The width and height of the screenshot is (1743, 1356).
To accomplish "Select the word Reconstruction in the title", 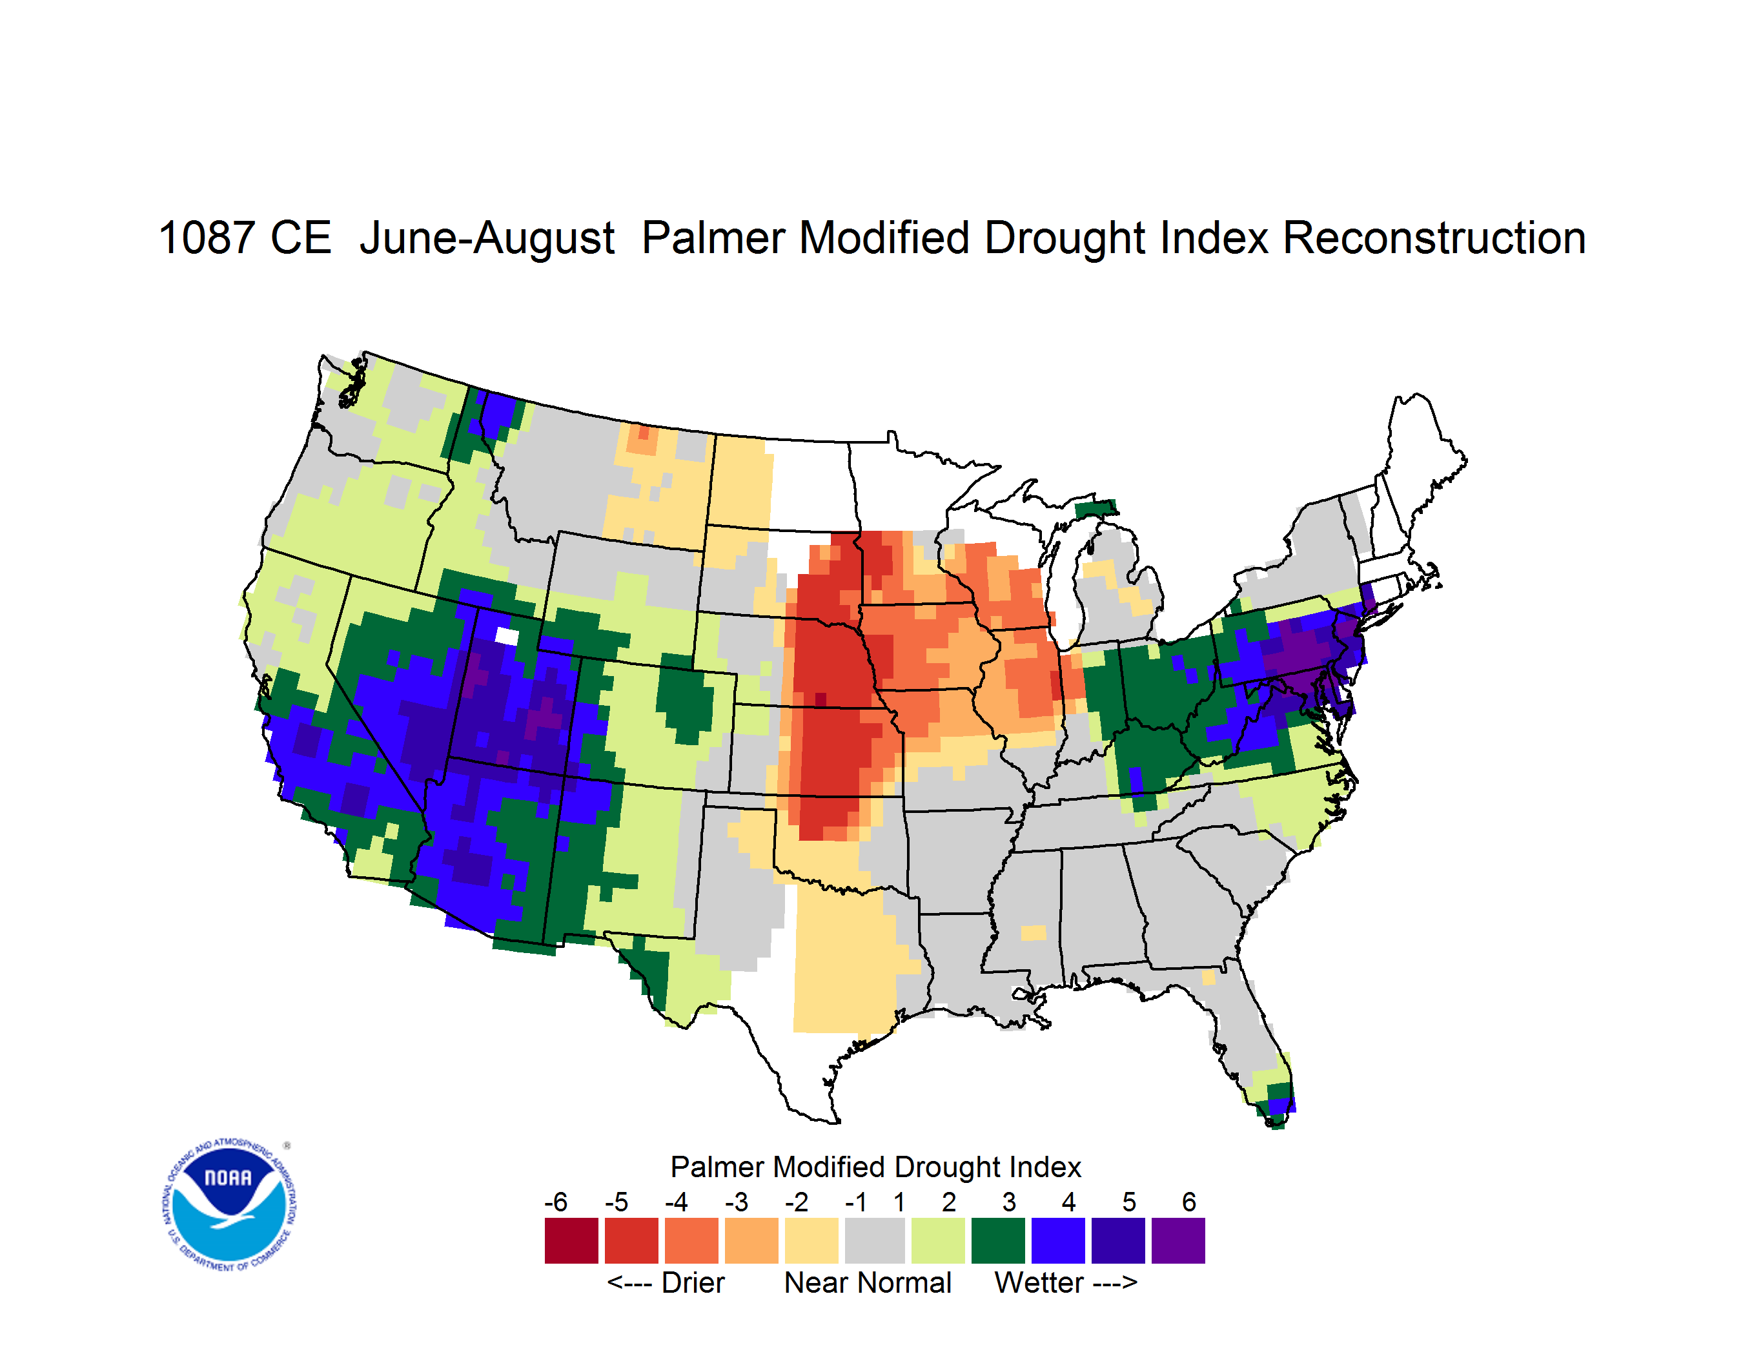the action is tap(1434, 238).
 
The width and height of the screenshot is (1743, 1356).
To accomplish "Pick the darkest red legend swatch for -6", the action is tap(571, 1240).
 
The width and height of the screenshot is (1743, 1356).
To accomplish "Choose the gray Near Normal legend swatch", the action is tap(875, 1240).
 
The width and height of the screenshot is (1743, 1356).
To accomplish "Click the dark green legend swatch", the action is tap(997, 1240).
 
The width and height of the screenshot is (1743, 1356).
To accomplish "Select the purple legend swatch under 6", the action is tap(1178, 1240).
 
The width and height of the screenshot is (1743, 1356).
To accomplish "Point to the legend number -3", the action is tap(736, 1202).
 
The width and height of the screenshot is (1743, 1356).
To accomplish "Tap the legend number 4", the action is tap(1068, 1202).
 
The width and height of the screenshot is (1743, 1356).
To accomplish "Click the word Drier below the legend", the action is tap(693, 1282).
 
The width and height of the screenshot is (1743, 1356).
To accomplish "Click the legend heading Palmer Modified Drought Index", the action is tap(875, 1167).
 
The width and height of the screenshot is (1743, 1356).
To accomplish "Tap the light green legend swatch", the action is tap(938, 1240).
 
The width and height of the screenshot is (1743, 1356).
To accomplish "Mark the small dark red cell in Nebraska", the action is tap(821, 700).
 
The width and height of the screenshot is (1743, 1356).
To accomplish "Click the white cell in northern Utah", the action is tap(507, 636).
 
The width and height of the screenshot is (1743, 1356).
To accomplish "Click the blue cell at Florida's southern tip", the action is tap(1281, 1105).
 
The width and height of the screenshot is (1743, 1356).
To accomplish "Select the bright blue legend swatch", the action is tap(1057, 1240).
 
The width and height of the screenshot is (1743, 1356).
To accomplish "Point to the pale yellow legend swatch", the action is tap(811, 1240).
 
